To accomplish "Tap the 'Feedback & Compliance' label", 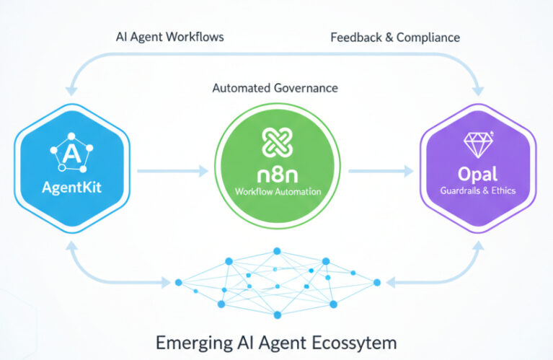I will [x=394, y=38].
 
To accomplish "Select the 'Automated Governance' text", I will [x=275, y=88].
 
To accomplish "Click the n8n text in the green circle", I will [x=277, y=176].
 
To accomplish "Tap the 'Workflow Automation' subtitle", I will [x=277, y=193].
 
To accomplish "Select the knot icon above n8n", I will [x=277, y=141].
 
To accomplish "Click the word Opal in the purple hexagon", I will [x=477, y=175].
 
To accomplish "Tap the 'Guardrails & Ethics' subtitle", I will [x=477, y=191].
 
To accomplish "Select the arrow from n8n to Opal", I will [x=381, y=171].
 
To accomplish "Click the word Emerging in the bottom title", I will [x=189, y=341].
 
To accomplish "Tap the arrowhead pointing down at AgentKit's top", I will [x=71, y=90].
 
